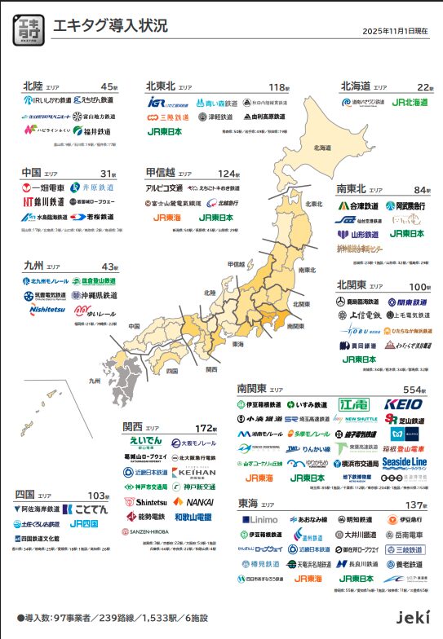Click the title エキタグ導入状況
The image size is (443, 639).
coord(100,25)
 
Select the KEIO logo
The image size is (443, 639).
coord(403,404)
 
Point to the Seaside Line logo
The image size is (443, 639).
coord(402,462)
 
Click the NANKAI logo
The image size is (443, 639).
coord(194,502)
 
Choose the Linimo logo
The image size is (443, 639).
coord(260,519)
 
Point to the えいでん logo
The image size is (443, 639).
coord(147,442)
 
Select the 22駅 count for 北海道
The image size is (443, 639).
coord(424,86)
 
